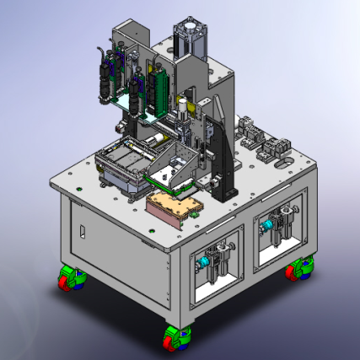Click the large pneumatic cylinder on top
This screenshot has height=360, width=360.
191,37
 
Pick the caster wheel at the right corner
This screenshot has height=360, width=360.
298,271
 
